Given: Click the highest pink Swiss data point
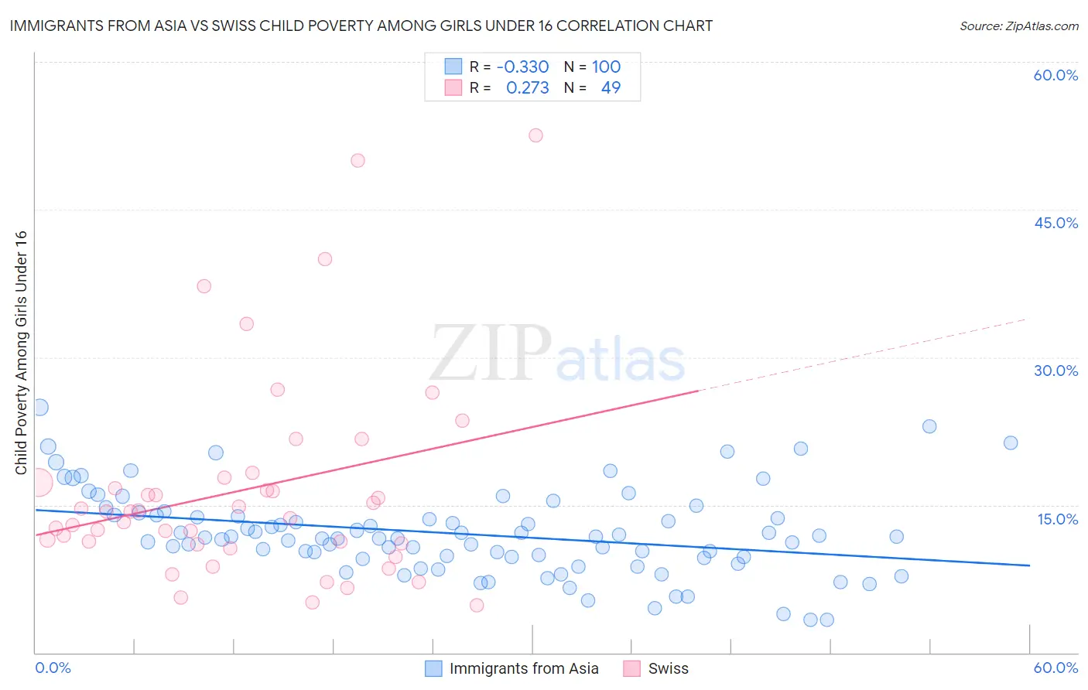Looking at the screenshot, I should (535, 135).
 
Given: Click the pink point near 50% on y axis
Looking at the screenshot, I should (358, 161).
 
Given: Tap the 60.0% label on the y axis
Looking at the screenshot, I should (1055, 75).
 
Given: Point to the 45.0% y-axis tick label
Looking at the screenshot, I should (1055, 223).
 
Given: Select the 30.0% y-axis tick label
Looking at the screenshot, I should (1055, 371).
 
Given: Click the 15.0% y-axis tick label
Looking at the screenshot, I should (1057, 519).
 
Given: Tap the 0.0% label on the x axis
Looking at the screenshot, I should (53, 668).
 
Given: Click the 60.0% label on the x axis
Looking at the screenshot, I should (1055, 668).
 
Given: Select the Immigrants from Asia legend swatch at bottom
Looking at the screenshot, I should (433, 668).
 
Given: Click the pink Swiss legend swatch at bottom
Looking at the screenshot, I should (632, 668).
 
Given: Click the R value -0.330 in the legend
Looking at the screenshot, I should (522, 67).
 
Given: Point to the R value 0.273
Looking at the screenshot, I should (527, 88).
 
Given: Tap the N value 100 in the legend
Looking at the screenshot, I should (606, 67).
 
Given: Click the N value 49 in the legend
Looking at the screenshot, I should (611, 88).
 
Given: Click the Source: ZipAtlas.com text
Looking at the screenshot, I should (1018, 26).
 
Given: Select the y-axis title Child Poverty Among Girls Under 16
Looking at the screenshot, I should (21, 353).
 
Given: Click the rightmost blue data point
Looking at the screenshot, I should (1010, 443).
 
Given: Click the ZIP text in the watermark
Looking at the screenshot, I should (491, 354).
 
